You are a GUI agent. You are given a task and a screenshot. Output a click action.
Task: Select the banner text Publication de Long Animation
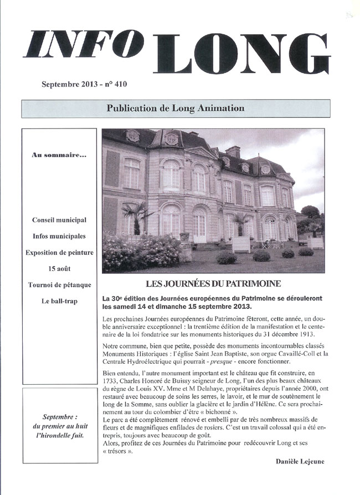pos(175,108)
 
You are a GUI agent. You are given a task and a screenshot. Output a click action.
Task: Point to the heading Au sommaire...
pos(59,155)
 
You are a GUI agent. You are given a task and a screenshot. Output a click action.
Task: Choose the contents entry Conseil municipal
pos(59,220)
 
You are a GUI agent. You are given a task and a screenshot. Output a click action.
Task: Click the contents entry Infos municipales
pos(59,236)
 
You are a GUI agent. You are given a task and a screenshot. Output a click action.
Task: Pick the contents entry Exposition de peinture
pos(59,252)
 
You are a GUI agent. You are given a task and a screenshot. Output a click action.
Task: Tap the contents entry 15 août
pos(59,269)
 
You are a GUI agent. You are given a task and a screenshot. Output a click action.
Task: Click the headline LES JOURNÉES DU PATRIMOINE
pos(213,284)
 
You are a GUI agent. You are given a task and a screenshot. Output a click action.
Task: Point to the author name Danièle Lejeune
pos(300,461)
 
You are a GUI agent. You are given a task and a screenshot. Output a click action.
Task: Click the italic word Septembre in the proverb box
pos(59,416)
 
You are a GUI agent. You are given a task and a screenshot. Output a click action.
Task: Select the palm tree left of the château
pos(136,213)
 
